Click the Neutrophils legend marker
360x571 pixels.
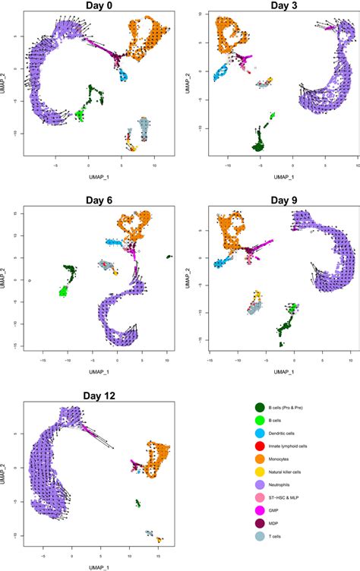click(259, 481)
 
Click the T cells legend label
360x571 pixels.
click(283, 531)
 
